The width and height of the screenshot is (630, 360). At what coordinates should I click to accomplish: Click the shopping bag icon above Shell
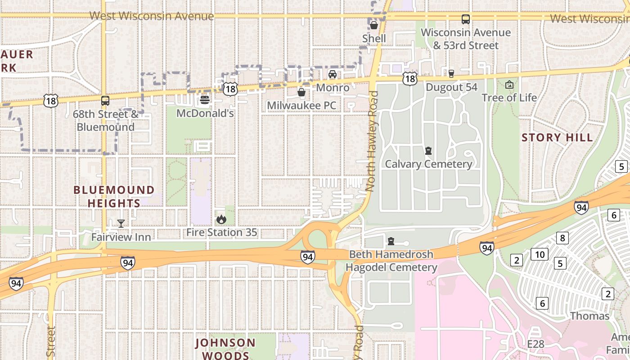click(374, 25)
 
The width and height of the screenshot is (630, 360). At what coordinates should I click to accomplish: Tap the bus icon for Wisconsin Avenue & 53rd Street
click(466, 19)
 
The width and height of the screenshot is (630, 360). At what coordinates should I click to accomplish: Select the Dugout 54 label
click(451, 87)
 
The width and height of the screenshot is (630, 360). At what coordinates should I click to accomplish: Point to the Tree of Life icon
click(509, 85)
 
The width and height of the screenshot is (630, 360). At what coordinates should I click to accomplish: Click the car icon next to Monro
click(333, 74)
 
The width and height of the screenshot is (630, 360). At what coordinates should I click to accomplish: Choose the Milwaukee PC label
click(301, 105)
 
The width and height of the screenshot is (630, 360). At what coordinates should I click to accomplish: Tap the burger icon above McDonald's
click(205, 99)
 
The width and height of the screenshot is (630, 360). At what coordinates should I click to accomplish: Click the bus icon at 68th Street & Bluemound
click(105, 100)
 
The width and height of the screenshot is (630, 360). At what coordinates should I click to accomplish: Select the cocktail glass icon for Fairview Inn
click(121, 223)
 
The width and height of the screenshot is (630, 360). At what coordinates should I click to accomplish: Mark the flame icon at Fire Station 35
click(221, 219)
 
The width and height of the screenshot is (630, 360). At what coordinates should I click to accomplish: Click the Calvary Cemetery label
click(428, 164)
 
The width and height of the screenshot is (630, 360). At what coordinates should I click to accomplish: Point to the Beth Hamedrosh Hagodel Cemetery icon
click(391, 241)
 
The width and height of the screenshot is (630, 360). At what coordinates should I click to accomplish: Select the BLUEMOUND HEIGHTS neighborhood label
click(114, 197)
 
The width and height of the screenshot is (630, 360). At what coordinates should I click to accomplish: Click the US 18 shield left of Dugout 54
click(409, 78)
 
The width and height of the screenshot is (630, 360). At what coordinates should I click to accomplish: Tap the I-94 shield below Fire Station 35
click(307, 257)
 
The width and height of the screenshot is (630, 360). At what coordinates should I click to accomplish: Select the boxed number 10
click(540, 254)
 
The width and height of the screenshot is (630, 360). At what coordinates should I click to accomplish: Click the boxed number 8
click(562, 238)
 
